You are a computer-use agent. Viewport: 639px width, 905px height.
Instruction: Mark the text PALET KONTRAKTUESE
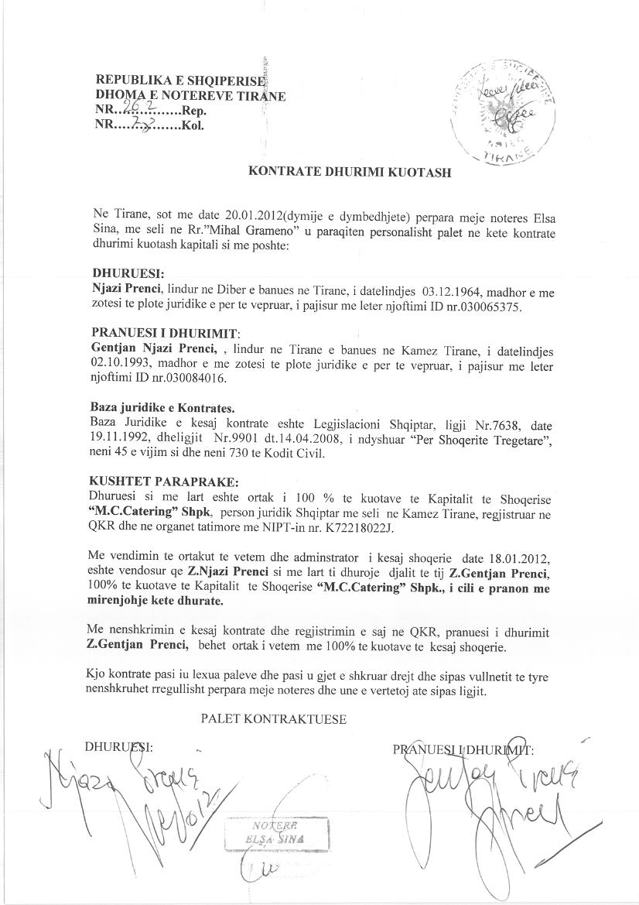click(273, 719)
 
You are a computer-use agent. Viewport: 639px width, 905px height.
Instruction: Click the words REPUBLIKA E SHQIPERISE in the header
click(179, 80)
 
